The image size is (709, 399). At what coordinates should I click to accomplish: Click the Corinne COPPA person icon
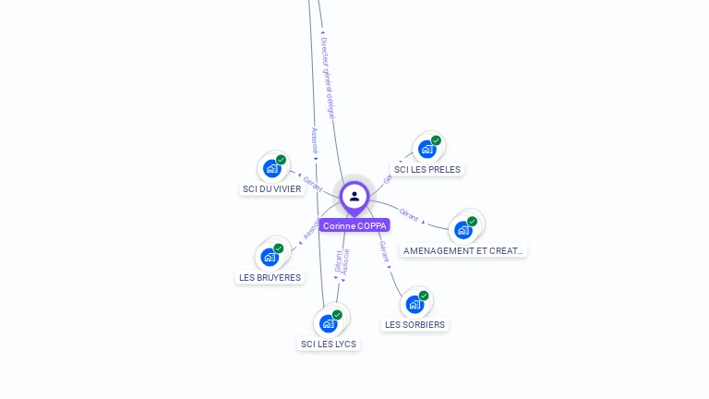point(354,196)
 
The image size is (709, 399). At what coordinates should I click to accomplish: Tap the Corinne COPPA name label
point(354,225)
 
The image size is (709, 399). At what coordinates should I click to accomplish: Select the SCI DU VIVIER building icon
point(271,168)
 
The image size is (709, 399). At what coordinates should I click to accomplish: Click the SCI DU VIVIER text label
point(271,189)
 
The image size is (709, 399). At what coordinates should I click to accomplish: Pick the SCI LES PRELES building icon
point(427,148)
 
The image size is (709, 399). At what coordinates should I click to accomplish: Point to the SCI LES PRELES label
point(427,169)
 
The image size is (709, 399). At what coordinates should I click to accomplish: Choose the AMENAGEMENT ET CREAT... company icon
point(463,229)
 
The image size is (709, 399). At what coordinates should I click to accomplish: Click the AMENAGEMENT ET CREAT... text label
point(463,250)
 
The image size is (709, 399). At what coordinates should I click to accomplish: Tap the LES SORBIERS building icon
point(415,304)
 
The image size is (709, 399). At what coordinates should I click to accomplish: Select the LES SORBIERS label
point(415,325)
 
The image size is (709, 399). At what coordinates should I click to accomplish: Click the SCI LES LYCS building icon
point(328,323)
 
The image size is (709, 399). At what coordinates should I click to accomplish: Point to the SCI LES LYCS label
point(329,345)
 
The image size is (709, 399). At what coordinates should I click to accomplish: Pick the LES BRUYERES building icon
point(269,257)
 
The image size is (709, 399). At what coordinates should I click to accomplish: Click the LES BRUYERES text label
point(270,277)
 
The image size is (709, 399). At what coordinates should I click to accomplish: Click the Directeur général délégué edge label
point(328,78)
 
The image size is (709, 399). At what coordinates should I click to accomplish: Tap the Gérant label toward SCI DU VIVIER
point(312,183)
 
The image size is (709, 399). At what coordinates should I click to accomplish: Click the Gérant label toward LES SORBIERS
point(384,251)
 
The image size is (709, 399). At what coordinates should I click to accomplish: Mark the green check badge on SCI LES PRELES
point(436,140)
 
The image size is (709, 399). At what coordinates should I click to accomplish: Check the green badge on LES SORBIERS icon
point(424,296)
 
